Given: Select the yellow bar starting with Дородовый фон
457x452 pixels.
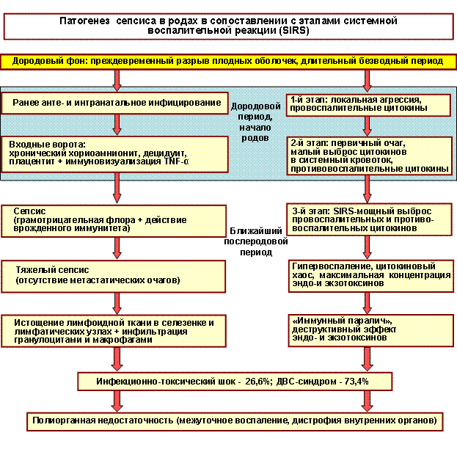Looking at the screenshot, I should tap(227, 61).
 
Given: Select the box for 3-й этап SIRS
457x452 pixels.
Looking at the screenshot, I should tap(368, 219).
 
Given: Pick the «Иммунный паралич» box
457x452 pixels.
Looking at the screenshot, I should tap(368, 328).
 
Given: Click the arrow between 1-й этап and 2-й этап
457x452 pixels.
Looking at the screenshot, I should tap(366, 125).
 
